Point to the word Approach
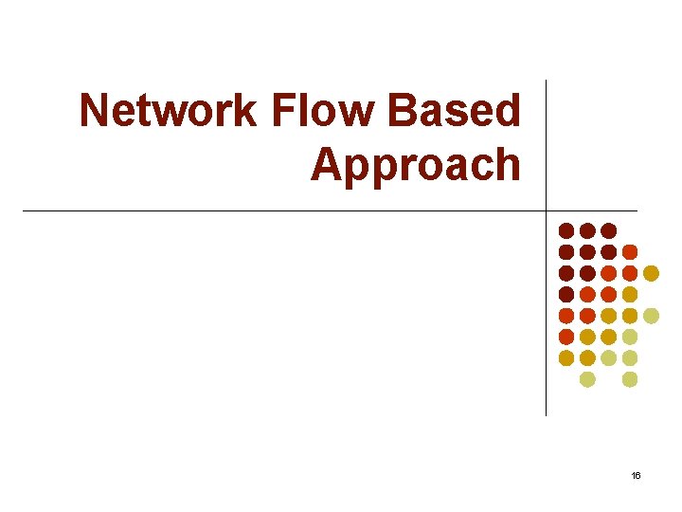click(x=416, y=165)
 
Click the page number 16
click(x=636, y=474)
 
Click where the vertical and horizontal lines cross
click(x=547, y=210)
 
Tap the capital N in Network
click(x=95, y=112)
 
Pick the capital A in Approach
click(x=327, y=164)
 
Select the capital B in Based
click(x=404, y=112)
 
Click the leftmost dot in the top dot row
click(x=566, y=230)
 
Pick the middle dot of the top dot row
click(x=587, y=230)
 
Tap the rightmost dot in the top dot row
click(x=608, y=230)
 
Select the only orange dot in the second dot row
click(x=630, y=252)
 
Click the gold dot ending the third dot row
click(x=651, y=273)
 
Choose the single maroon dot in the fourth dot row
click(x=566, y=294)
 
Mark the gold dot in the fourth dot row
click(x=630, y=294)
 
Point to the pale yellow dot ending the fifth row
click(x=651, y=316)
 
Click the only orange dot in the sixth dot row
click(x=566, y=337)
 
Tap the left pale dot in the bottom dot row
click(x=587, y=379)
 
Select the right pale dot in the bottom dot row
click(x=630, y=379)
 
